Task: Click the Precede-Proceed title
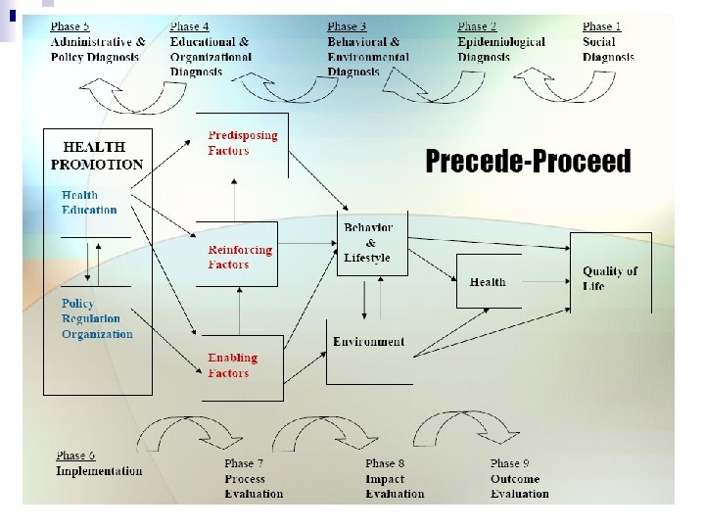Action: point(528,162)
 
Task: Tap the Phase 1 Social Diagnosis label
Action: point(608,42)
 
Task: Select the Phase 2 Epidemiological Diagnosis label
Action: point(500,42)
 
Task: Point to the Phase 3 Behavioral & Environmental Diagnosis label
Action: point(363,49)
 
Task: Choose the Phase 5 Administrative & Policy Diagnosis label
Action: point(98,42)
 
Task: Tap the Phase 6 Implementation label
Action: point(99,463)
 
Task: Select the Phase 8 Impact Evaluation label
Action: point(395,478)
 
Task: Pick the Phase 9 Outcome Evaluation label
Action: point(520,478)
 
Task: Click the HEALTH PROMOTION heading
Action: point(97,156)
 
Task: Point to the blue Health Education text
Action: point(89,202)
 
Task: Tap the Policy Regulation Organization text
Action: point(96,318)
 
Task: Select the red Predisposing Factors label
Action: point(243,143)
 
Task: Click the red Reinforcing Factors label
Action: point(240,257)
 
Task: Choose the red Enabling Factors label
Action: point(233,365)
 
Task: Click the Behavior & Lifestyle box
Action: point(369,243)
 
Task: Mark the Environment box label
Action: point(368,342)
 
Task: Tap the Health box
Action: point(488,282)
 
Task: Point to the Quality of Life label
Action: point(610,278)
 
